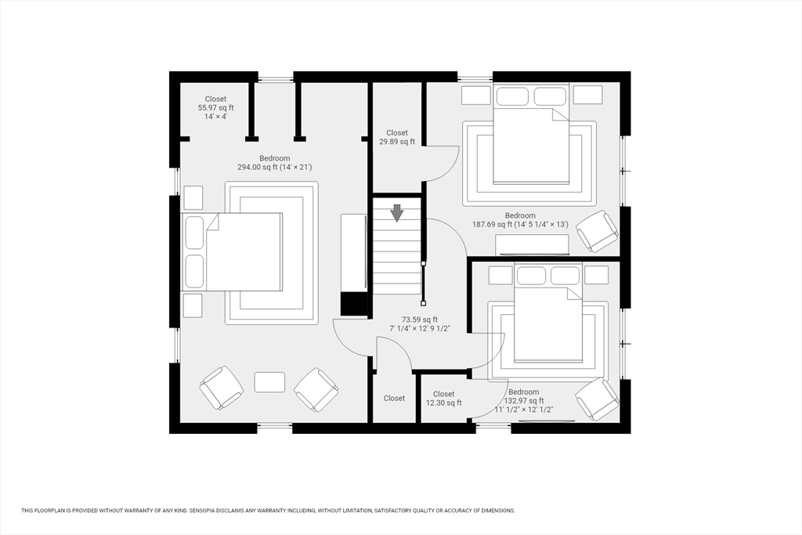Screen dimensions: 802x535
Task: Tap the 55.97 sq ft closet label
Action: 216,107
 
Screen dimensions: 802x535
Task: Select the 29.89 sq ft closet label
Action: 397,137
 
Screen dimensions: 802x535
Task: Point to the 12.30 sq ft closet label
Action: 443,399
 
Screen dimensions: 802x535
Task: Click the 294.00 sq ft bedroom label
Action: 275,163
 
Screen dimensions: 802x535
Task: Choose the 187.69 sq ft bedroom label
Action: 520,220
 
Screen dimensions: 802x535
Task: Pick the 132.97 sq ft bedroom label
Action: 524,401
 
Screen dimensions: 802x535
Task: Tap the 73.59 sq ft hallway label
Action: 420,324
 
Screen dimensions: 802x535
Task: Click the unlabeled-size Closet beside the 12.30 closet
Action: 394,398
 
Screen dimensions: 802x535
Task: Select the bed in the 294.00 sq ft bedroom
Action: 232,252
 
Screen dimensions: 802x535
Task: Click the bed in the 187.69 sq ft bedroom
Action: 531,133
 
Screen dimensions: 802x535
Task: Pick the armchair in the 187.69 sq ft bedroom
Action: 597,231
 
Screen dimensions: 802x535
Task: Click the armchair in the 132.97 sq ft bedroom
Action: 597,399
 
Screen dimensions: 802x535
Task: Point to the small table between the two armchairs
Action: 269,382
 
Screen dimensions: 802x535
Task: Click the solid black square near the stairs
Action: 354,304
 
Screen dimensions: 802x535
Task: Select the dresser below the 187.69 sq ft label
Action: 532,244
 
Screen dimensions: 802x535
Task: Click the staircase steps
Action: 397,246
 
